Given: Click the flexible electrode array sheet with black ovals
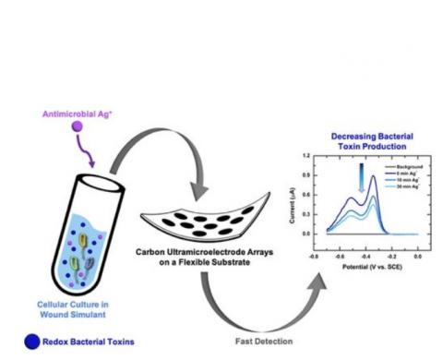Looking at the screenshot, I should [x=190, y=226].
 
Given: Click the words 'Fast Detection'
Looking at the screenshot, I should [x=234, y=341].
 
